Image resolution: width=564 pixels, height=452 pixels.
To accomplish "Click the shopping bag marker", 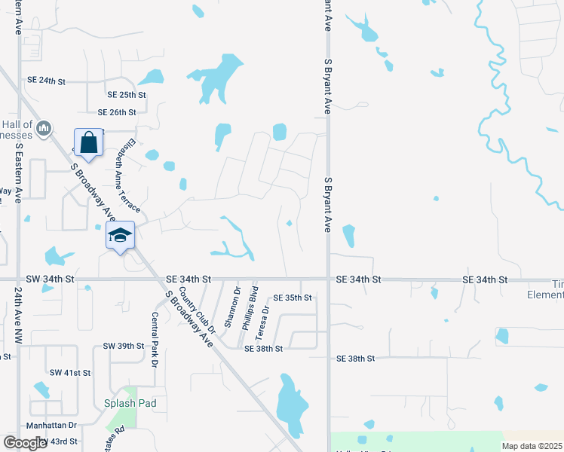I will [x=89, y=143].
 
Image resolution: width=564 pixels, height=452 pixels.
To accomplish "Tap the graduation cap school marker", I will [x=120, y=236].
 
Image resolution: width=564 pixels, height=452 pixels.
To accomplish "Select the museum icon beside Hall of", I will [x=44, y=129].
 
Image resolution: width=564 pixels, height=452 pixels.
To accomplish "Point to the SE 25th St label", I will [x=126, y=95].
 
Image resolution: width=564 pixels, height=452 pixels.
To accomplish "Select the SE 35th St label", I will [x=293, y=298].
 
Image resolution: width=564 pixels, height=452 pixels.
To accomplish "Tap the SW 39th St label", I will [x=123, y=346].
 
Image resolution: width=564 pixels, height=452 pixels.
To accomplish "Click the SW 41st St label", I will [x=69, y=373].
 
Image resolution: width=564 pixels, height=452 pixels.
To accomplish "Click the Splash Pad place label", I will [x=130, y=403].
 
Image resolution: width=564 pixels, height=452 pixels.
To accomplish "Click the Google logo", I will [x=26, y=443].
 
